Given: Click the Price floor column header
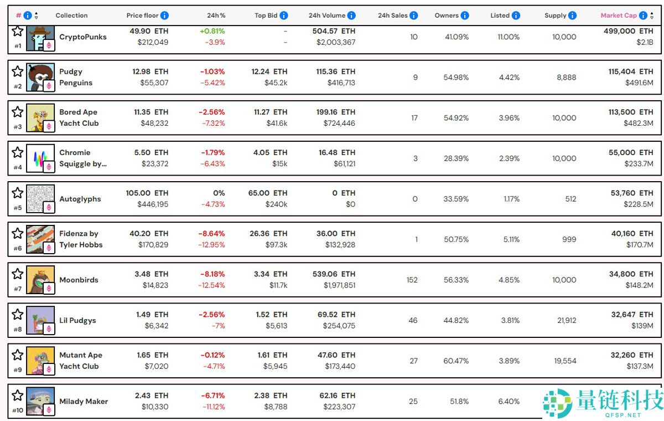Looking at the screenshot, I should tap(142, 16).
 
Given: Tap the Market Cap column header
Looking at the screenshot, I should tap(619, 16).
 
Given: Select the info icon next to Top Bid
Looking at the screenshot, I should tap(284, 16).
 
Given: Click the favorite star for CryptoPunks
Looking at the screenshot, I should tap(18, 31).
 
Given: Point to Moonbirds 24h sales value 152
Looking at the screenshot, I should tap(412, 280).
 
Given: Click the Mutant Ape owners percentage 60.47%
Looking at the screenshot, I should tap(455, 361).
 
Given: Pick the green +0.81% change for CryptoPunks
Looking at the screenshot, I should tap(212, 31).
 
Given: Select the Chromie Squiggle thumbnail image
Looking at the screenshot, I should tap(40, 158).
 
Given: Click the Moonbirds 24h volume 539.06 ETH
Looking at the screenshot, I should tap(334, 274).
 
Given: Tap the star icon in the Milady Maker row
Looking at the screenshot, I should tap(18, 395).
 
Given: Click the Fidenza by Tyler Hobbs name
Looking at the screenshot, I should tap(81, 239).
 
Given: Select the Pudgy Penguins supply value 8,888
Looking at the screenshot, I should tap(566, 78).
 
